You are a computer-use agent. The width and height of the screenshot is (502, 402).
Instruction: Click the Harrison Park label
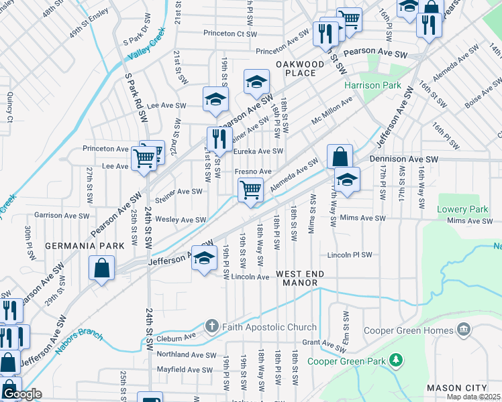[x=372, y=85]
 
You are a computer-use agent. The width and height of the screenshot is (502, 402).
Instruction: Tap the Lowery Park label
[x=462, y=209]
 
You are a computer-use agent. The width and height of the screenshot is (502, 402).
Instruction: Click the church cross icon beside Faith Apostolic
[x=211, y=327]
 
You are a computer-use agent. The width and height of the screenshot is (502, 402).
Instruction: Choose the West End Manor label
[x=300, y=279]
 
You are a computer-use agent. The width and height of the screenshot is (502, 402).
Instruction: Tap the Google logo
[x=22, y=394]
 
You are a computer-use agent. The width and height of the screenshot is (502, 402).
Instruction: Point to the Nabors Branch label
[x=79, y=342]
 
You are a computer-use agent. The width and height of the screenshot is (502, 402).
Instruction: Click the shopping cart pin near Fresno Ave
[x=250, y=190]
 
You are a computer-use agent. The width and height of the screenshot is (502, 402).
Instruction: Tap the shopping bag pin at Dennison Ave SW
[x=340, y=157]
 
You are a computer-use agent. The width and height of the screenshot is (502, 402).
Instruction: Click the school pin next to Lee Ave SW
[x=215, y=99]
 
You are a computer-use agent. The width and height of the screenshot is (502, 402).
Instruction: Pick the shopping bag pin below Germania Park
[x=101, y=269]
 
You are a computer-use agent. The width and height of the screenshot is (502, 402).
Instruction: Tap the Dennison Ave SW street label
[x=403, y=159]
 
